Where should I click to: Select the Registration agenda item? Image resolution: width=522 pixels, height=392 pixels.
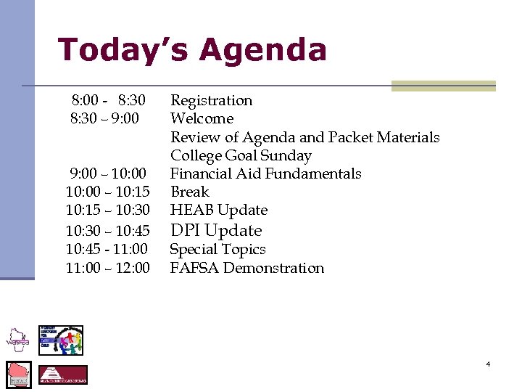tap(211, 100)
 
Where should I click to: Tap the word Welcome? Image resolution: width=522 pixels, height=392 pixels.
tap(202, 118)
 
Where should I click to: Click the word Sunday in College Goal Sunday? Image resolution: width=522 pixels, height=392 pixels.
tap(286, 155)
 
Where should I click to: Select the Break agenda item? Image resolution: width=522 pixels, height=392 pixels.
tap(189, 192)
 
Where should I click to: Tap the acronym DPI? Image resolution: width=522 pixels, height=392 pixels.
tap(185, 230)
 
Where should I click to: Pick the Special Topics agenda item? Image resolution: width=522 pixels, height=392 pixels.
tap(217, 249)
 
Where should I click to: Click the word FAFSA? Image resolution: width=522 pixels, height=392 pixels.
tap(194, 268)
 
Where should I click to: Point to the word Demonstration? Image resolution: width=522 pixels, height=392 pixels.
tap(273, 268)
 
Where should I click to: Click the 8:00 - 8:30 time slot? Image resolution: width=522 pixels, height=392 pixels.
tap(108, 100)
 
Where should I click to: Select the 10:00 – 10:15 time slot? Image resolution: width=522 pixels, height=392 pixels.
tap(107, 192)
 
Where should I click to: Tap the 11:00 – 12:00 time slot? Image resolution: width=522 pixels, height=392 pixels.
tap(107, 268)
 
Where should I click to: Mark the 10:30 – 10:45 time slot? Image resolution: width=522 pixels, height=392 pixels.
tap(107, 230)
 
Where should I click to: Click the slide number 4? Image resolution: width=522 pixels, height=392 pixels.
tap(488, 364)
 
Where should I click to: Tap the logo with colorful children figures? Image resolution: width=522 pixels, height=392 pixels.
tap(61, 340)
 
